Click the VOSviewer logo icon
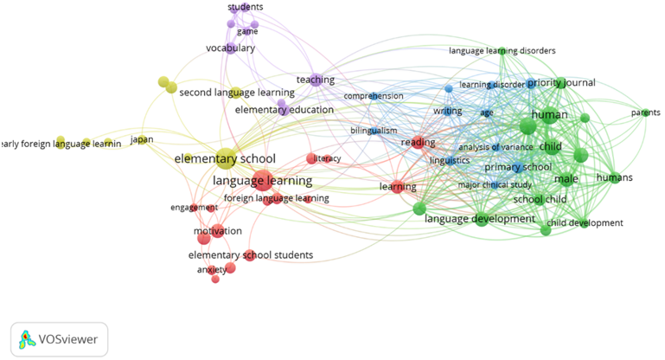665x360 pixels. click(x=26, y=339)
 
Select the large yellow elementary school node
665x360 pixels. click(x=227, y=157)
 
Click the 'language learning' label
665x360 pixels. click(x=262, y=181)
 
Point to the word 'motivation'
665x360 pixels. click(x=217, y=231)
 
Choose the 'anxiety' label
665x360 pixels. click(x=212, y=269)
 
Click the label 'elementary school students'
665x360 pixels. click(x=251, y=255)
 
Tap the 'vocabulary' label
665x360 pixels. click(x=230, y=48)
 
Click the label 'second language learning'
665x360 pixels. click(x=237, y=93)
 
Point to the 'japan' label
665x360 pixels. click(x=142, y=139)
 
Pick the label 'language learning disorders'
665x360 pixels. click(x=502, y=51)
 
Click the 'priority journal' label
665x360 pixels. click(x=561, y=83)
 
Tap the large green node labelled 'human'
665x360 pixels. click(x=528, y=126)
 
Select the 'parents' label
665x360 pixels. click(x=645, y=112)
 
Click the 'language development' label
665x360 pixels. click(x=480, y=219)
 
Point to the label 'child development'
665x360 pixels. click(x=585, y=223)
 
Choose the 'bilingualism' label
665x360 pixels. click(x=374, y=131)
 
